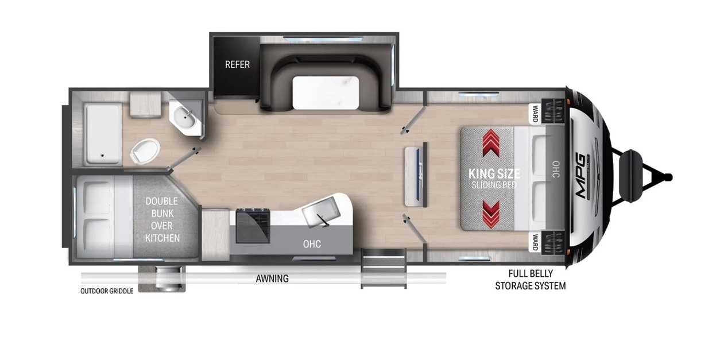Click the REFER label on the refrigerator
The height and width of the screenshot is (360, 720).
[x=237, y=65]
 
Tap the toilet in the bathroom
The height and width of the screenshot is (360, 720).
[x=145, y=151]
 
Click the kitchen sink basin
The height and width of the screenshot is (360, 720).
[x=321, y=211]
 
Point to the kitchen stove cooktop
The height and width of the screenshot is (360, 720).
[x=253, y=226]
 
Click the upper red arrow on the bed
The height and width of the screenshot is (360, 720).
[x=491, y=143]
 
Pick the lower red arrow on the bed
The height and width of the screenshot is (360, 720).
[x=491, y=215]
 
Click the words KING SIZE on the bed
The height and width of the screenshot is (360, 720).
[x=494, y=174]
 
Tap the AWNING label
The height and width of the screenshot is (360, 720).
[x=272, y=278]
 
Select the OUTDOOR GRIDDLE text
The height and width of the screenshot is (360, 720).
[x=107, y=291]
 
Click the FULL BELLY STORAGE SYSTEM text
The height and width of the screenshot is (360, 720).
[x=531, y=280]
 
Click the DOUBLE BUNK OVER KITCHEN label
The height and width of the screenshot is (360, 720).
[x=162, y=219]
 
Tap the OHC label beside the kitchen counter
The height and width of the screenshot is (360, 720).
[x=312, y=244]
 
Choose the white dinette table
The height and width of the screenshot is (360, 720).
[x=326, y=92]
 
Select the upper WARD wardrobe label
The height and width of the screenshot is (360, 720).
[x=535, y=114]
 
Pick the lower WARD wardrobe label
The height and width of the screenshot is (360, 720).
[x=535, y=242]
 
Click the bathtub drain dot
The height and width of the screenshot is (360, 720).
[x=102, y=155]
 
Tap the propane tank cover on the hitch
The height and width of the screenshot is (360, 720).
[x=631, y=177]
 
